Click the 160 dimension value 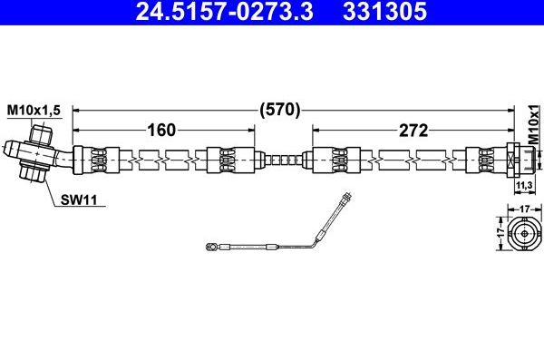coord(160,130)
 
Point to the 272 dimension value coord(413,130)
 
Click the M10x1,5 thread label coord(34,110)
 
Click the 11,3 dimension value coord(523,186)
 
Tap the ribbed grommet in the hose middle coord(284,160)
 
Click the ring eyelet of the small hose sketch coord(210,245)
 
